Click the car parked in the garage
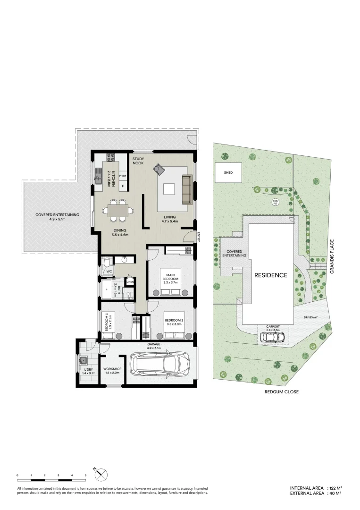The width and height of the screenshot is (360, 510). click(160, 365)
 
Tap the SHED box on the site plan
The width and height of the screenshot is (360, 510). click(228, 173)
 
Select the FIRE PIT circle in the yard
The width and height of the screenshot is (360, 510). click(276, 202)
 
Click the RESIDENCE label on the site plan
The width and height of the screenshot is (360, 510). click(270, 275)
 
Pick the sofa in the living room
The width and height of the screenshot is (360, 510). click(187, 189)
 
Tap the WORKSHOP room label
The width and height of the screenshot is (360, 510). click(112, 369)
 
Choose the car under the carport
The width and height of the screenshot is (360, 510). click(272, 337)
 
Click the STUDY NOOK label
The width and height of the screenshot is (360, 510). click(138, 161)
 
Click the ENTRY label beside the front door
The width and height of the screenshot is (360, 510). click(199, 237)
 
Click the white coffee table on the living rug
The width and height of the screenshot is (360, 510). click(168, 189)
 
